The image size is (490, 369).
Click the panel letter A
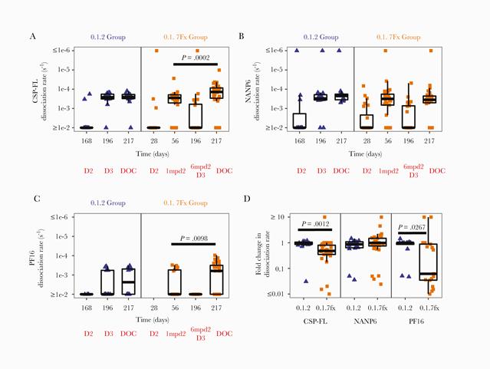(32, 36)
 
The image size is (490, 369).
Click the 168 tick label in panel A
(87, 140)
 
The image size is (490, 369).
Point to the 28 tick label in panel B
(367, 140)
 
